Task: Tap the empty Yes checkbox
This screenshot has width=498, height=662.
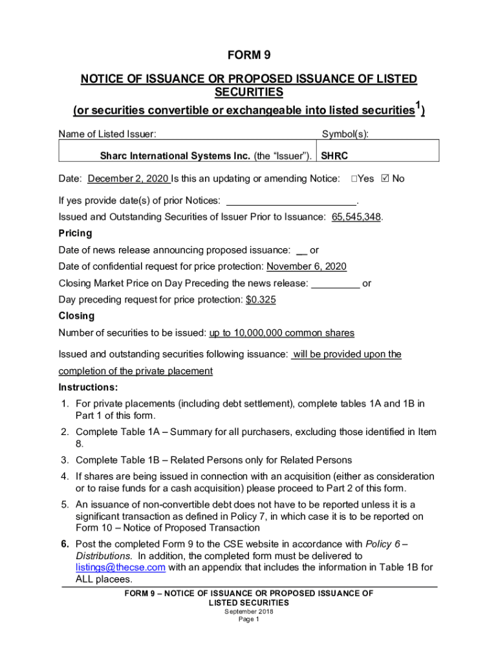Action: pyautogui.click(x=354, y=178)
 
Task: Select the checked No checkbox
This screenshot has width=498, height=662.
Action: pyautogui.click(x=386, y=178)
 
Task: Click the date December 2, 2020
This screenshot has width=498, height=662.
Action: pyautogui.click(x=128, y=178)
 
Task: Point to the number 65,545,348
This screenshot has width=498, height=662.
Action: pyautogui.click(x=356, y=217)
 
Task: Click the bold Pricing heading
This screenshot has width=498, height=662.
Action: pyautogui.click(x=75, y=233)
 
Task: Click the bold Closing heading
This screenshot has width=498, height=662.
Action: pyautogui.click(x=76, y=316)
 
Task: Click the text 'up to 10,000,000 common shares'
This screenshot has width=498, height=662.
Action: pyautogui.click(x=281, y=333)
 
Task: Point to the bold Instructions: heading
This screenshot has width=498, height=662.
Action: pyautogui.click(x=89, y=388)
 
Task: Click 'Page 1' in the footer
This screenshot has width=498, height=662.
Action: pyautogui.click(x=248, y=619)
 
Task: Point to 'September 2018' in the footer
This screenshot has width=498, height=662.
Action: pyautogui.click(x=248, y=611)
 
